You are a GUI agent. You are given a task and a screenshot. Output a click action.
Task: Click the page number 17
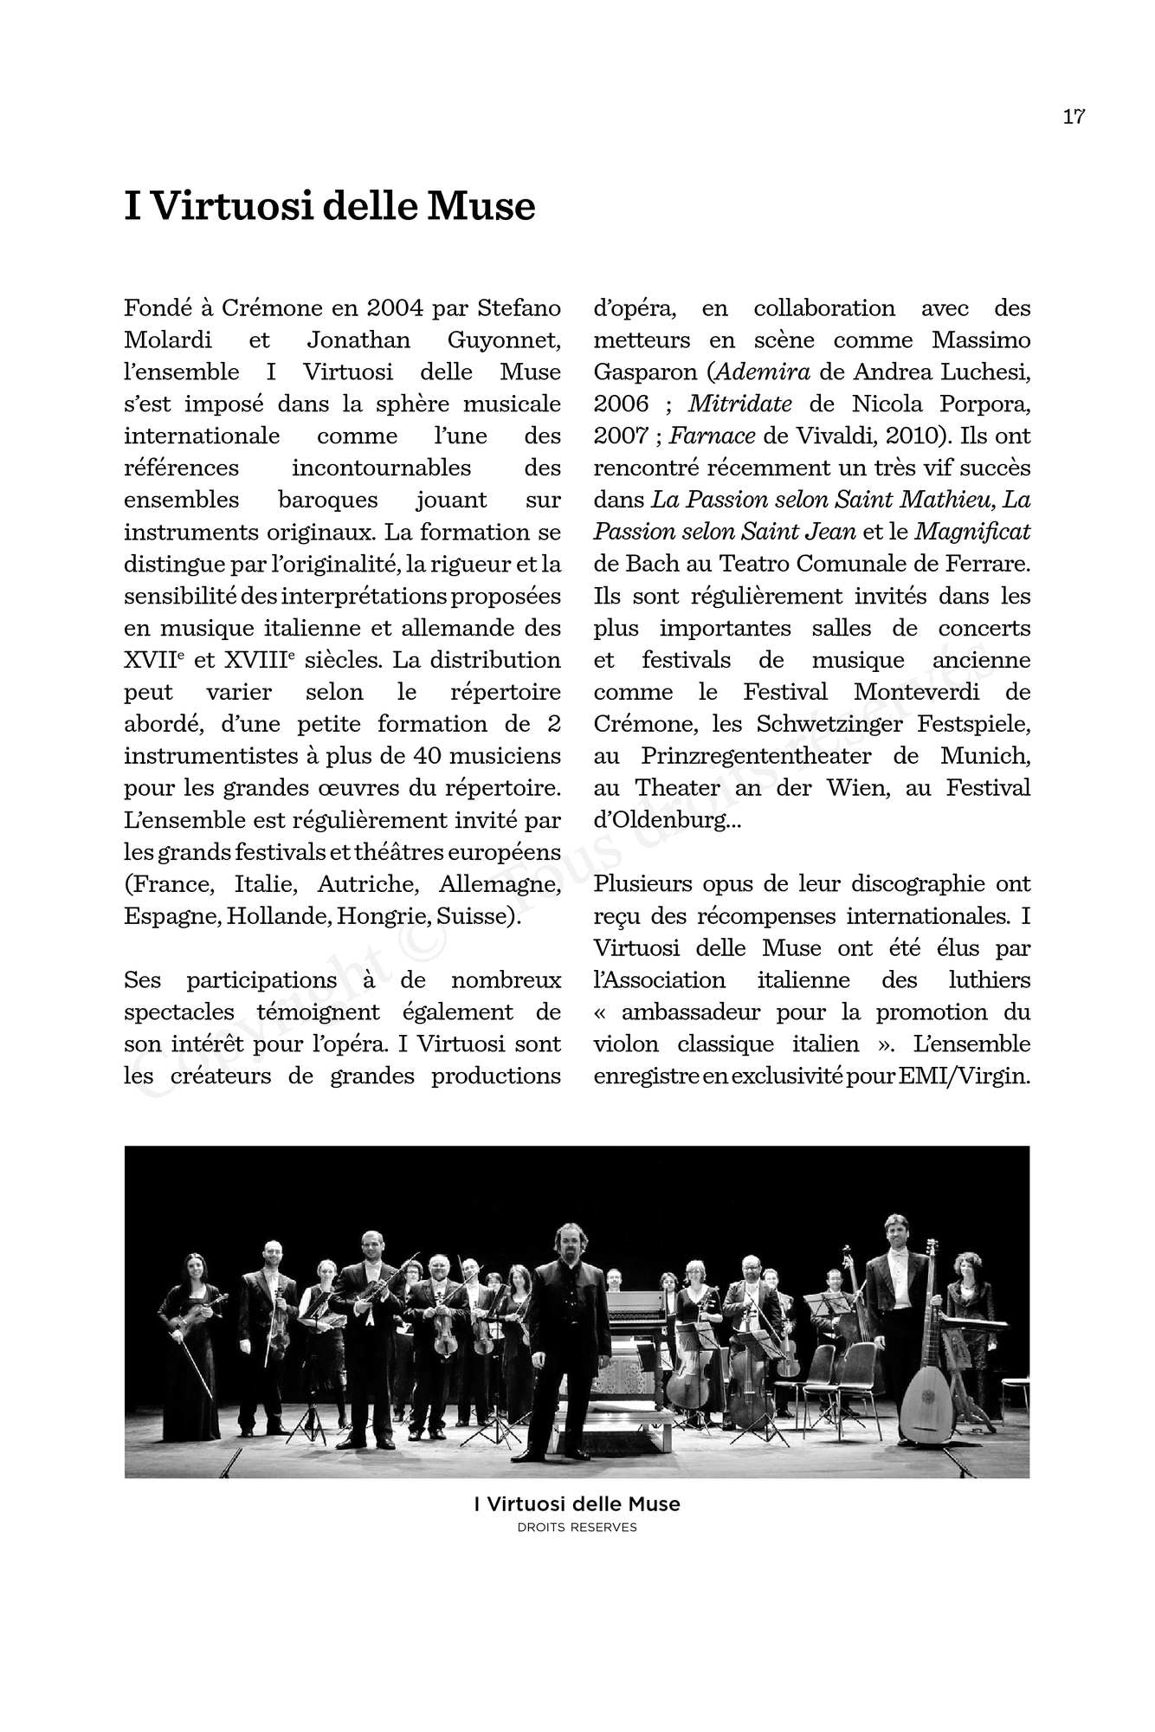click(1074, 117)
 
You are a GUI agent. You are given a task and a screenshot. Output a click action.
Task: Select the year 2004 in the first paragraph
click(395, 308)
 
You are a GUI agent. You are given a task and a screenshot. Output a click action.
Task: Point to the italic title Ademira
click(764, 372)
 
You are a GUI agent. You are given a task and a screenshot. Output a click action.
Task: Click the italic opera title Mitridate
click(739, 404)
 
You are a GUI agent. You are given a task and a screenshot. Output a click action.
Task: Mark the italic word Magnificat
click(972, 532)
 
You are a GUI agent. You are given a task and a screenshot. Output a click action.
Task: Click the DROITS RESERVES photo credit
click(577, 1528)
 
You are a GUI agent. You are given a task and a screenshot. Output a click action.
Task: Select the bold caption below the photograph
click(577, 1504)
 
